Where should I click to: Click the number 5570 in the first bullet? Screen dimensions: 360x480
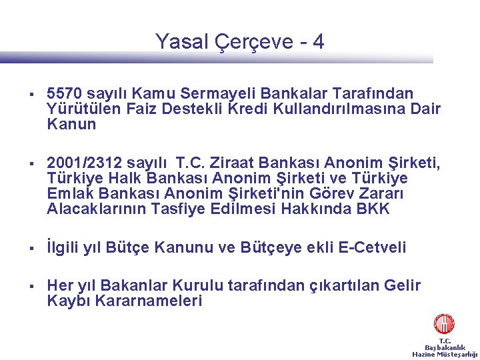[x=65, y=93]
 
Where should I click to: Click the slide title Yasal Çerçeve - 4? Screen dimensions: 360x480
[x=239, y=42]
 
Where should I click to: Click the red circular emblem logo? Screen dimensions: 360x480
[x=444, y=324]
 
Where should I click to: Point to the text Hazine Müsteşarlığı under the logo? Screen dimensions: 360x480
[x=445, y=354]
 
